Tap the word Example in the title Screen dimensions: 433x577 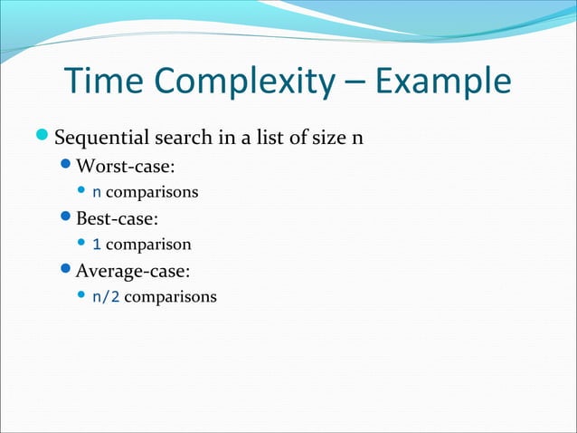(x=442, y=83)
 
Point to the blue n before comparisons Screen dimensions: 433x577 (x=97, y=193)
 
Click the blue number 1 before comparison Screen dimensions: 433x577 (x=97, y=245)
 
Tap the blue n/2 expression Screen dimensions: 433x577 (x=106, y=296)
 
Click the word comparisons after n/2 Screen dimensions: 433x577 (x=170, y=296)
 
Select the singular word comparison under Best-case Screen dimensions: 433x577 (x=148, y=245)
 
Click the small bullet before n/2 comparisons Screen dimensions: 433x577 (x=81, y=295)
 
